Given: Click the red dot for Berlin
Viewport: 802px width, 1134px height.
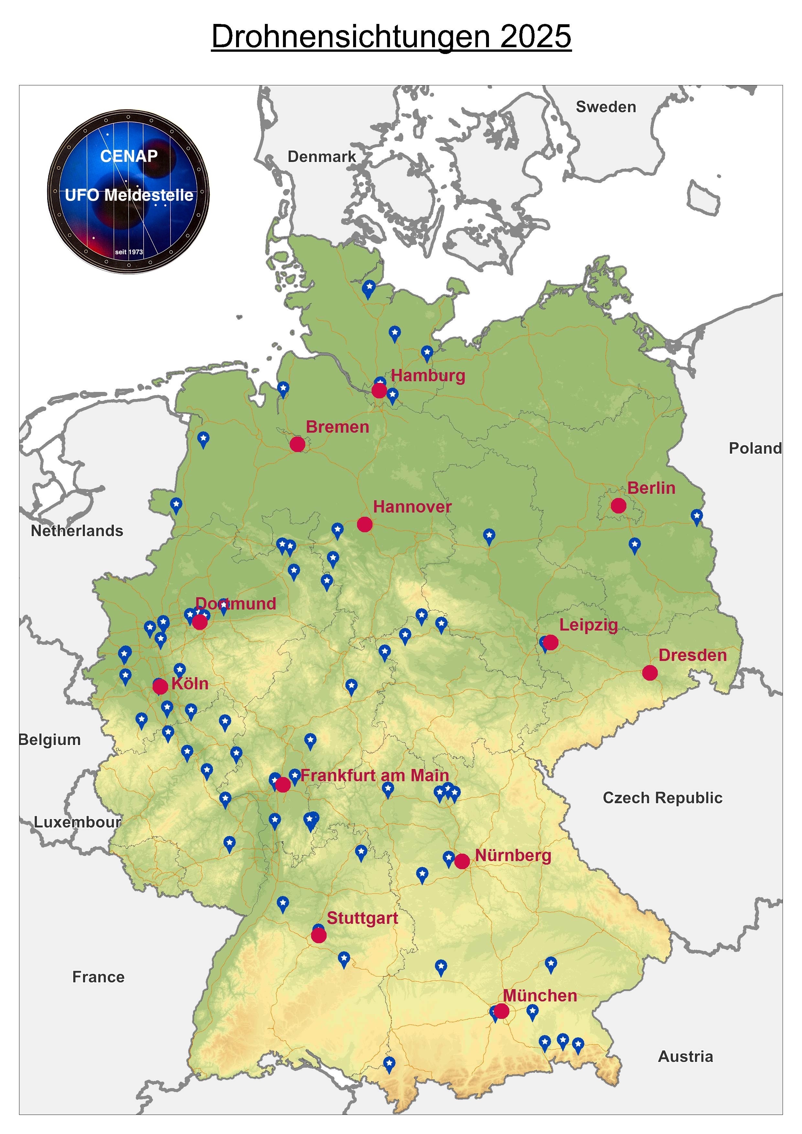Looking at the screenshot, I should pyautogui.click(x=618, y=505).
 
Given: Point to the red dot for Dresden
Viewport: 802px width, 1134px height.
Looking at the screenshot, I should pyautogui.click(x=650, y=672).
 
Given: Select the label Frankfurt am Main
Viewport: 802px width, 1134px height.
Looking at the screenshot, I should pyautogui.click(x=374, y=775).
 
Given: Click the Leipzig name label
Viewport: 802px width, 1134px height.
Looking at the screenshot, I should pyautogui.click(x=588, y=625).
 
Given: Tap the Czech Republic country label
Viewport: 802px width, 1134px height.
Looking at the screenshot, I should pyautogui.click(x=662, y=798).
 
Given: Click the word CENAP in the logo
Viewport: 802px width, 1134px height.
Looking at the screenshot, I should pyautogui.click(x=129, y=156).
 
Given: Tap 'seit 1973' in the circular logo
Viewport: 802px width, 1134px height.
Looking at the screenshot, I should pyautogui.click(x=129, y=252).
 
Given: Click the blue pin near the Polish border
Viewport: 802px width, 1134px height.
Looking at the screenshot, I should pyautogui.click(x=696, y=517).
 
